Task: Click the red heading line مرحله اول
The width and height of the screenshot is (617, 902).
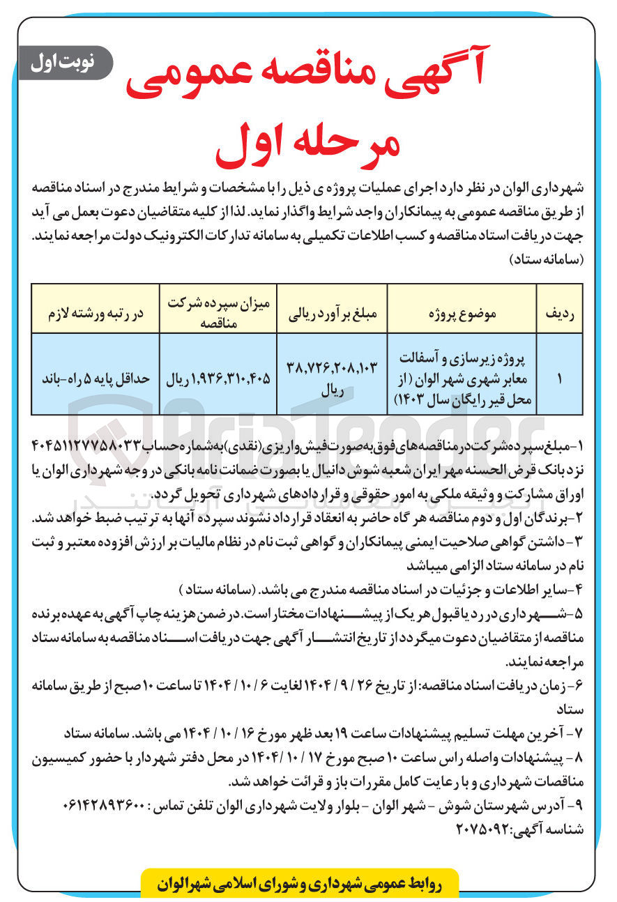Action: pos(307,142)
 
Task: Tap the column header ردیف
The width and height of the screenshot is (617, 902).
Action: pos(559,314)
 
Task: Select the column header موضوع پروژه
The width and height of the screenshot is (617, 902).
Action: pos(464,314)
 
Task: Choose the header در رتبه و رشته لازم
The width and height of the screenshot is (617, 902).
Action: pos(96,314)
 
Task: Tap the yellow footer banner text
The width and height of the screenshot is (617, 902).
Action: pos(299,882)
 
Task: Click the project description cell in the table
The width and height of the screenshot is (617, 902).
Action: pos(464,378)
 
